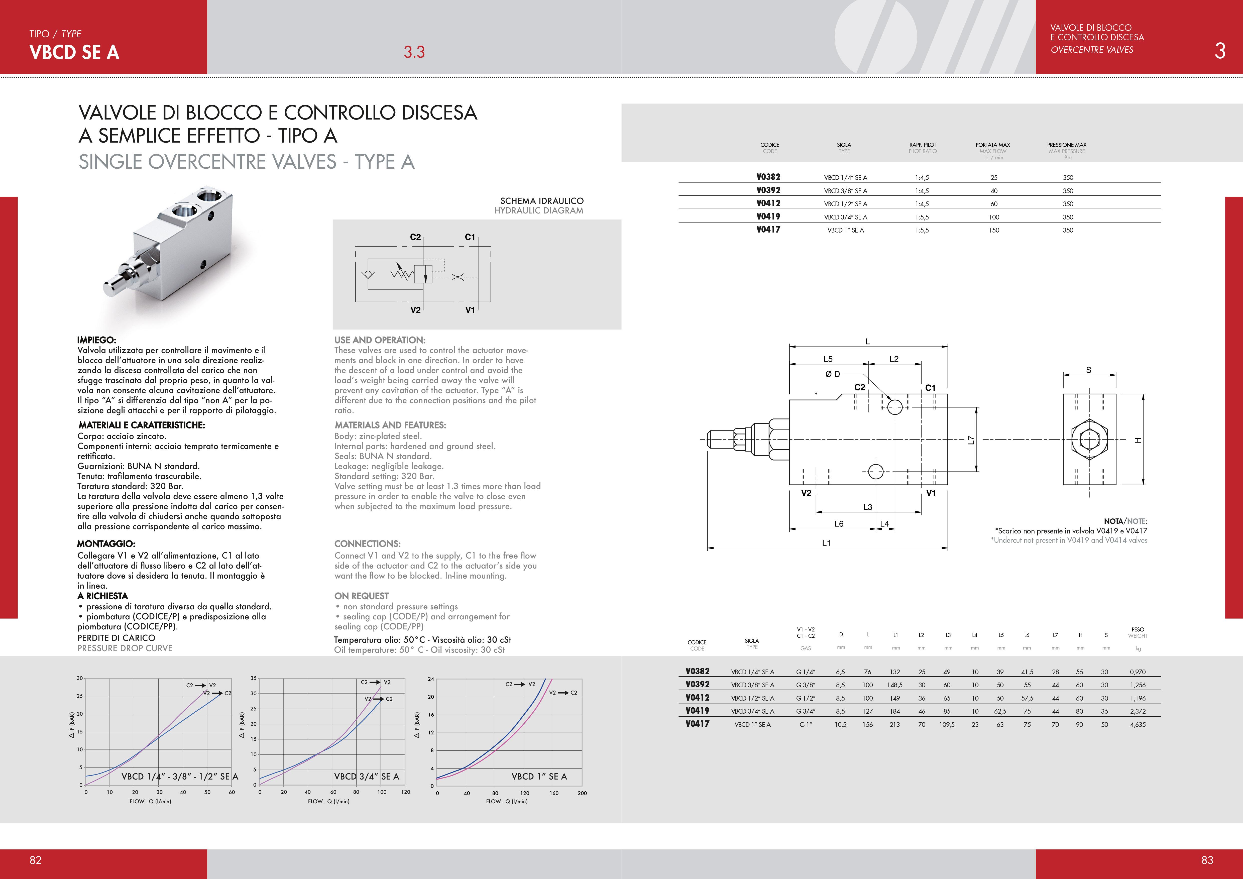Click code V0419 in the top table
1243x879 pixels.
768,216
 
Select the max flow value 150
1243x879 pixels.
994,230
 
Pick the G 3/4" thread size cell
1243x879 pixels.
806,711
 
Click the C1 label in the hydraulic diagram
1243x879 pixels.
470,237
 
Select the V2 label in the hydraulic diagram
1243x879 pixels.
415,310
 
